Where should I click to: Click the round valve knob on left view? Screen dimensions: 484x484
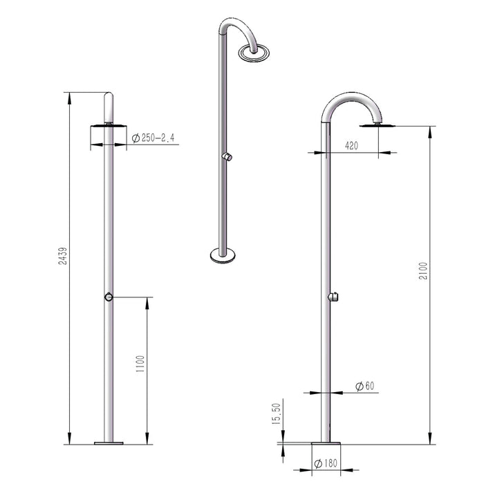coord(107,297)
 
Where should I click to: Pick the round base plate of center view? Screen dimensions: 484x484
coord(223,257)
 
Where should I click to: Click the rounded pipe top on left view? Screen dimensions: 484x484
coord(107,102)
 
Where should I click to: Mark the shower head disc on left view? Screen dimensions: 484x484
coord(107,125)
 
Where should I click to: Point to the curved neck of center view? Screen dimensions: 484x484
coord(234,28)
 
